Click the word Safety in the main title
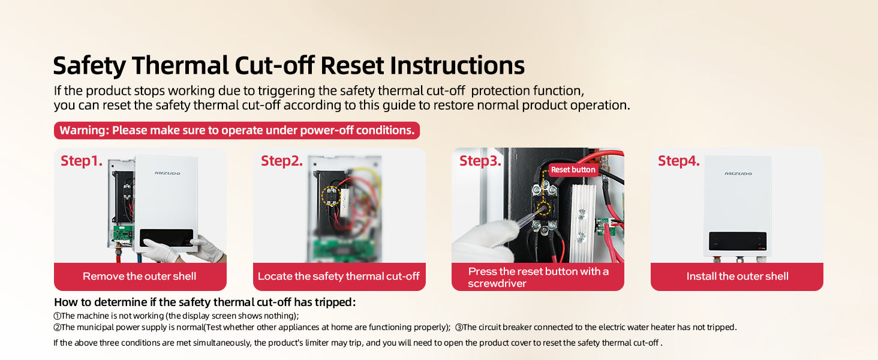pos(89,66)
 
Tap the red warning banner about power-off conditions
pos(237,130)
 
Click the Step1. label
pos(82,161)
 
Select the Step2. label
pos(282,161)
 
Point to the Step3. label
pos(480,161)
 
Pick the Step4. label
pos(678,161)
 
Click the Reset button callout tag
pos(573,170)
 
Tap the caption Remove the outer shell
pos(140,277)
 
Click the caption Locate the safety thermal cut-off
pos(339,277)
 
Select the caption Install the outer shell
pos(737,277)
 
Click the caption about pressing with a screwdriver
pos(538,277)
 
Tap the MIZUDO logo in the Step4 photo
pos(738,173)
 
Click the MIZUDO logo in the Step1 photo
pos(167,173)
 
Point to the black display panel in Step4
pos(737,241)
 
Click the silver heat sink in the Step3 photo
pos(583,224)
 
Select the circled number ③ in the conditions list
pos(459,328)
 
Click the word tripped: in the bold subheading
pos(334,302)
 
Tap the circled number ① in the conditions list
pos(57,316)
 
